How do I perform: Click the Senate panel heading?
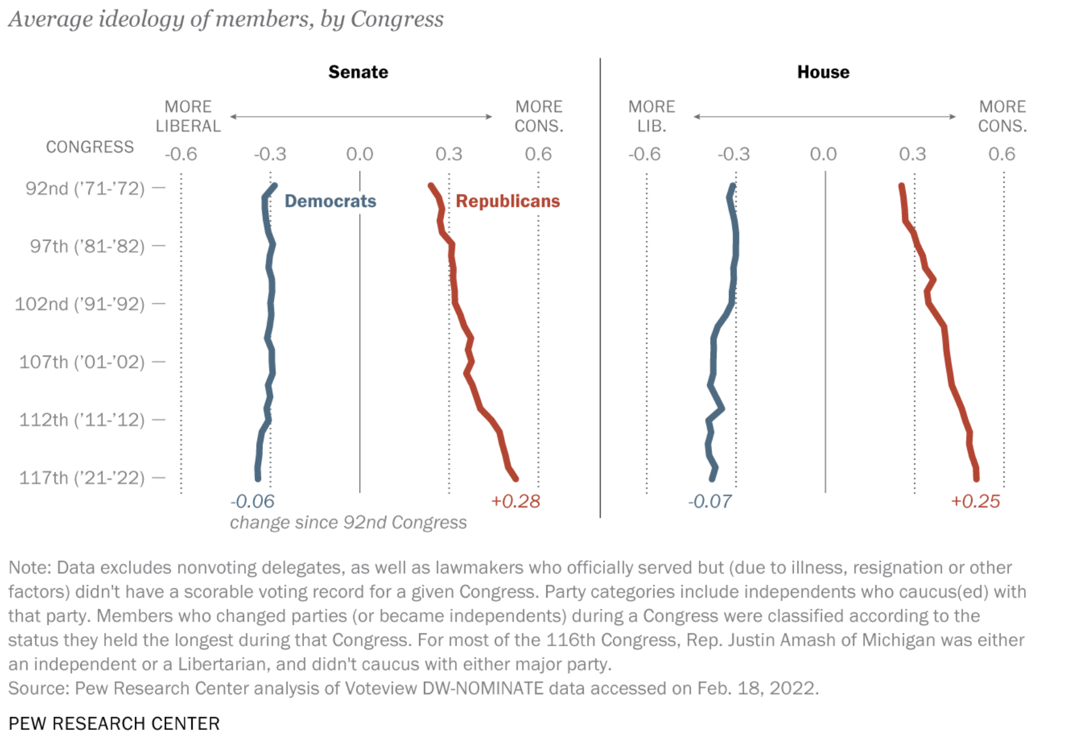coord(358,72)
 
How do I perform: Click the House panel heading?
coord(823,72)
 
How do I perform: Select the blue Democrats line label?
coord(330,201)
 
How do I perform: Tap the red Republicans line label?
coord(508,201)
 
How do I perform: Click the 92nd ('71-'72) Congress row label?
coord(85,189)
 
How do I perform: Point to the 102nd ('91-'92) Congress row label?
coord(80,304)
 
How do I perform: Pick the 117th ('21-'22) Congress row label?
coord(82,477)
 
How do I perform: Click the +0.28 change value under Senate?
coord(515,501)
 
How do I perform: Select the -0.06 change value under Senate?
coord(252,501)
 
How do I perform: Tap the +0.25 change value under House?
coord(975,501)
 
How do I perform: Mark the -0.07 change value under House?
coord(710,501)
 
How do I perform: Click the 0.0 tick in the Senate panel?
coord(359,154)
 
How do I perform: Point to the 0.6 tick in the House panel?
coord(1001,154)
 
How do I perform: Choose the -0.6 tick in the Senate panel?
coord(181,154)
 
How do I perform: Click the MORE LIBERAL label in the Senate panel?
coord(188,116)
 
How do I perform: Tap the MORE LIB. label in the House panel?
coord(652,116)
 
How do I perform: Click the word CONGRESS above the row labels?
coord(90,147)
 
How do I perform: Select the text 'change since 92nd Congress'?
coord(348,523)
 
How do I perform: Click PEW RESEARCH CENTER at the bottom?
coord(114,724)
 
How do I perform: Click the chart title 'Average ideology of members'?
coord(226,19)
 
